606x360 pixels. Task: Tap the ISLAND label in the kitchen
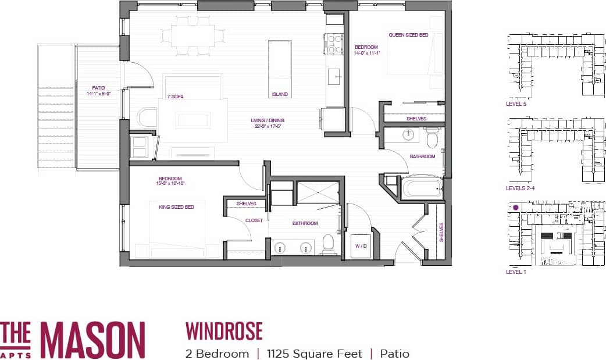tap(279, 94)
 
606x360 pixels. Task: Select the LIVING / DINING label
tap(268, 123)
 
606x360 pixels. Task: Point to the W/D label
tap(362, 246)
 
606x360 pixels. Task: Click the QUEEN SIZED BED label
tap(408, 35)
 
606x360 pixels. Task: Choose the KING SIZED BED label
tap(176, 206)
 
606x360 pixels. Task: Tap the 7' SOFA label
tap(175, 97)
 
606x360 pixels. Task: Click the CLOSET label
tap(254, 220)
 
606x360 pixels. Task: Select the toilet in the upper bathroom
tap(432, 139)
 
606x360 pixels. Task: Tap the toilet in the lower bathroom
tap(329, 245)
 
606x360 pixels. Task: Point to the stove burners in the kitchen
tap(335, 43)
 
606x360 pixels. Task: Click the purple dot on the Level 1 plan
tap(515, 206)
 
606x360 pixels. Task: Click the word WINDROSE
tap(224, 331)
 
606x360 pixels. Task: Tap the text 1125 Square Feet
tap(314, 354)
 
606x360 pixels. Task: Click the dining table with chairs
tap(193, 36)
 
